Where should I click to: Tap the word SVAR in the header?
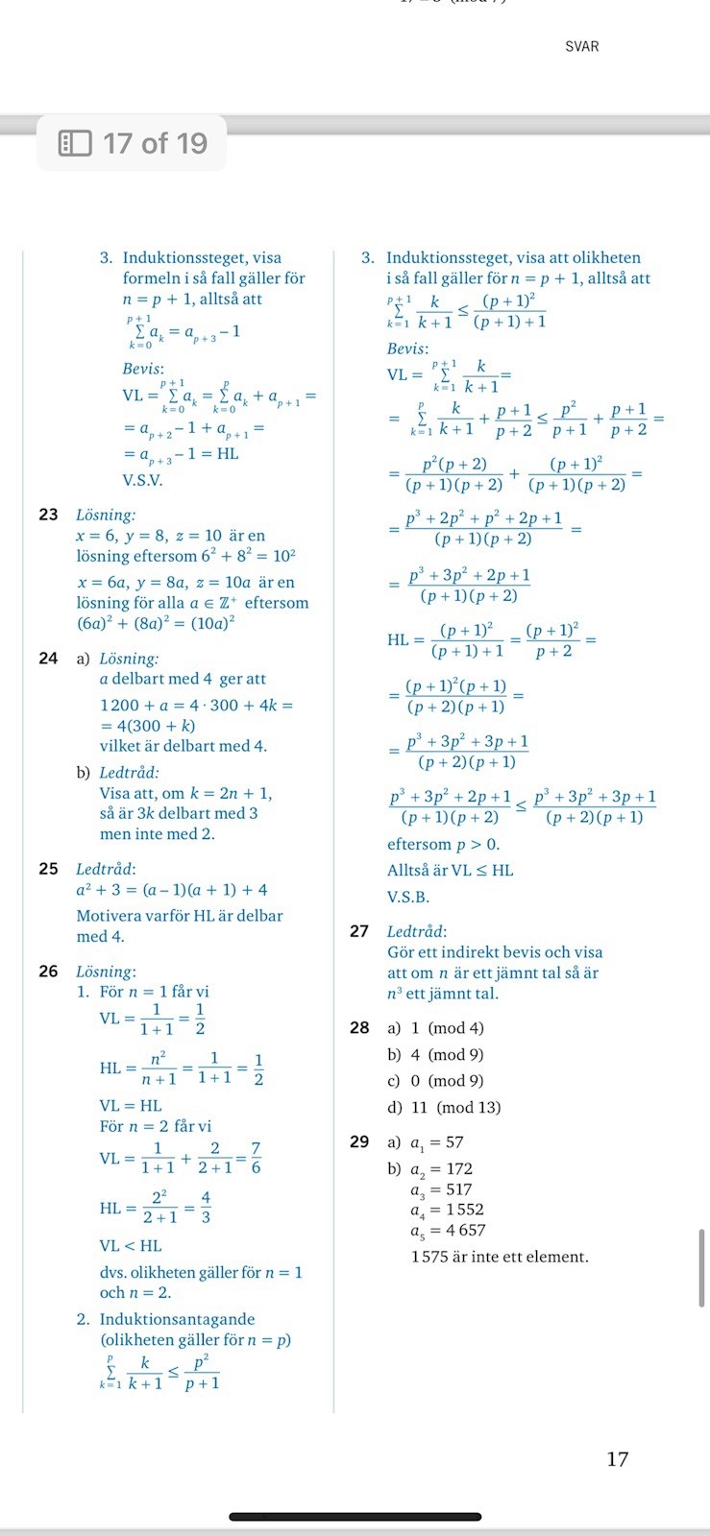(x=582, y=46)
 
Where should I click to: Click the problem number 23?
(x=48, y=515)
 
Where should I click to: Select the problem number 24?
(x=48, y=659)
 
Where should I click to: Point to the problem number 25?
(x=48, y=869)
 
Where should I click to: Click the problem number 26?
(x=48, y=972)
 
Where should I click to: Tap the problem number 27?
(x=359, y=931)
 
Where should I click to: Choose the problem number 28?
(x=359, y=1028)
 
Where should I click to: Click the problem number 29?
(x=359, y=1142)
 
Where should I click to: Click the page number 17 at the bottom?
(x=618, y=1459)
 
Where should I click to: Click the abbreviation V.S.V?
(x=142, y=480)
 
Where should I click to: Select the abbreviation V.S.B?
(x=408, y=898)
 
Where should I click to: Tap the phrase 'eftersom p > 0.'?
(x=443, y=845)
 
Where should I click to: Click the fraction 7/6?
(x=256, y=1159)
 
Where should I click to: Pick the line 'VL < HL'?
(x=131, y=1246)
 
